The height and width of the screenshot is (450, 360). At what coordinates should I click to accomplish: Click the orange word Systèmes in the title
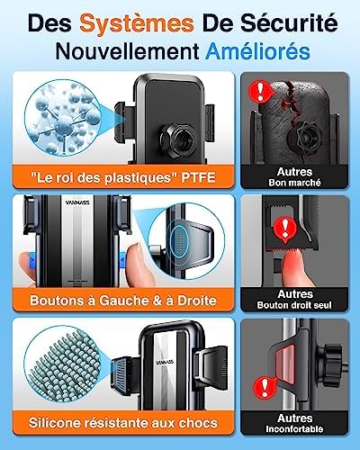click(x=137, y=23)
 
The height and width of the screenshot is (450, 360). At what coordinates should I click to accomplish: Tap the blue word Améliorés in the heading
click(x=257, y=51)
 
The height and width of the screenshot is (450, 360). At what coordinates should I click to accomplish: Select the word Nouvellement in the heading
click(x=128, y=51)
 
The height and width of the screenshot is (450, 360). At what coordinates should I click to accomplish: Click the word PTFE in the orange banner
click(x=198, y=177)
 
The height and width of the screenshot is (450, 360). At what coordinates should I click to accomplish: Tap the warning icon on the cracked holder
click(x=260, y=91)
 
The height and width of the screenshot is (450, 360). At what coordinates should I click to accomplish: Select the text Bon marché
click(x=294, y=183)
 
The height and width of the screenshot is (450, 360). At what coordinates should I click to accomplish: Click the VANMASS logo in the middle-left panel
click(x=77, y=202)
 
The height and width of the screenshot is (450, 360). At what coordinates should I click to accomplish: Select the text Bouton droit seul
click(x=294, y=305)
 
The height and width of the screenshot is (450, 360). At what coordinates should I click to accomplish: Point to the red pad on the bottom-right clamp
click(x=285, y=361)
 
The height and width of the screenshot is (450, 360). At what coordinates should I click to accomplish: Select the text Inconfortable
click(x=294, y=429)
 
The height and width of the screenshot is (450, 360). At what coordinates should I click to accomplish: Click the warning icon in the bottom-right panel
click(x=265, y=387)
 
